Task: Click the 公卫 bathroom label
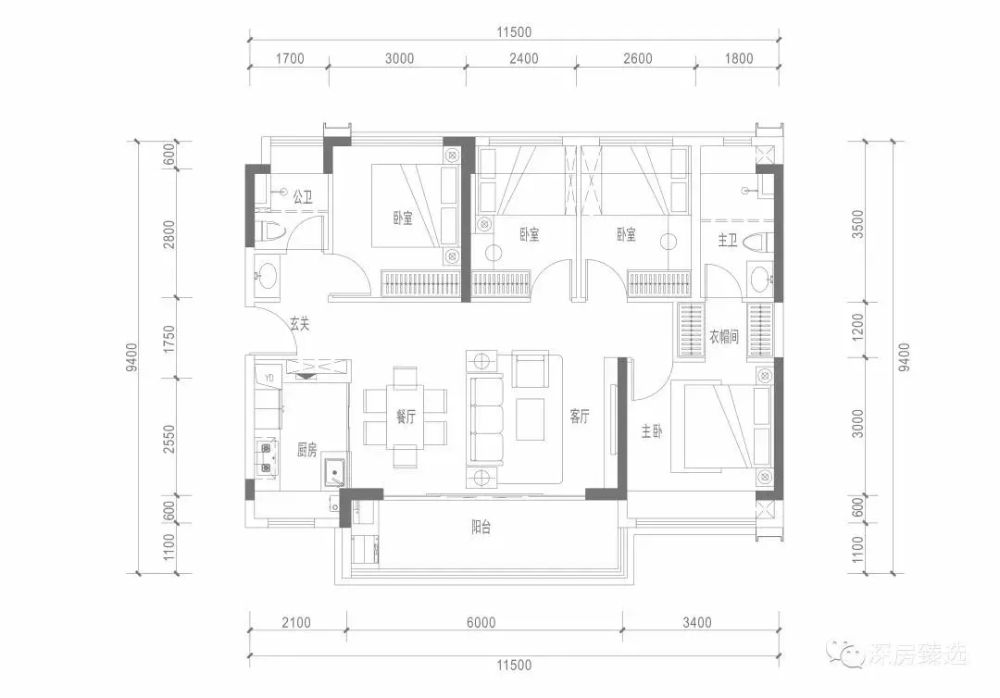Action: [x=302, y=196]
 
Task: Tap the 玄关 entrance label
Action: [x=300, y=324]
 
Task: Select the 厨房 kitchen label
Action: [x=306, y=451]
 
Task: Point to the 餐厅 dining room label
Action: [x=406, y=417]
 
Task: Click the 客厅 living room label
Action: [x=579, y=417]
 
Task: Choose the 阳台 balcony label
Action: [x=481, y=527]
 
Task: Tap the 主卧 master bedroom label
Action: [x=651, y=431]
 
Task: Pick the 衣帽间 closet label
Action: [x=724, y=336]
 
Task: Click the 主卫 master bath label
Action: [x=728, y=240]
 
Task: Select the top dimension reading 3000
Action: [x=399, y=58]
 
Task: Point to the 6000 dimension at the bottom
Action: [x=481, y=623]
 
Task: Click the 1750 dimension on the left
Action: [x=169, y=339]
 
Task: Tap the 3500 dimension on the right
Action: [x=857, y=224]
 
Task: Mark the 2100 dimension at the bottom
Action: [x=296, y=623]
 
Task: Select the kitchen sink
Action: [x=335, y=473]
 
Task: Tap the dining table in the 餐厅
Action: [x=406, y=417]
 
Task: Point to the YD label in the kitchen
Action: [x=269, y=379]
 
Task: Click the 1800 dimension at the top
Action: [x=739, y=58]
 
